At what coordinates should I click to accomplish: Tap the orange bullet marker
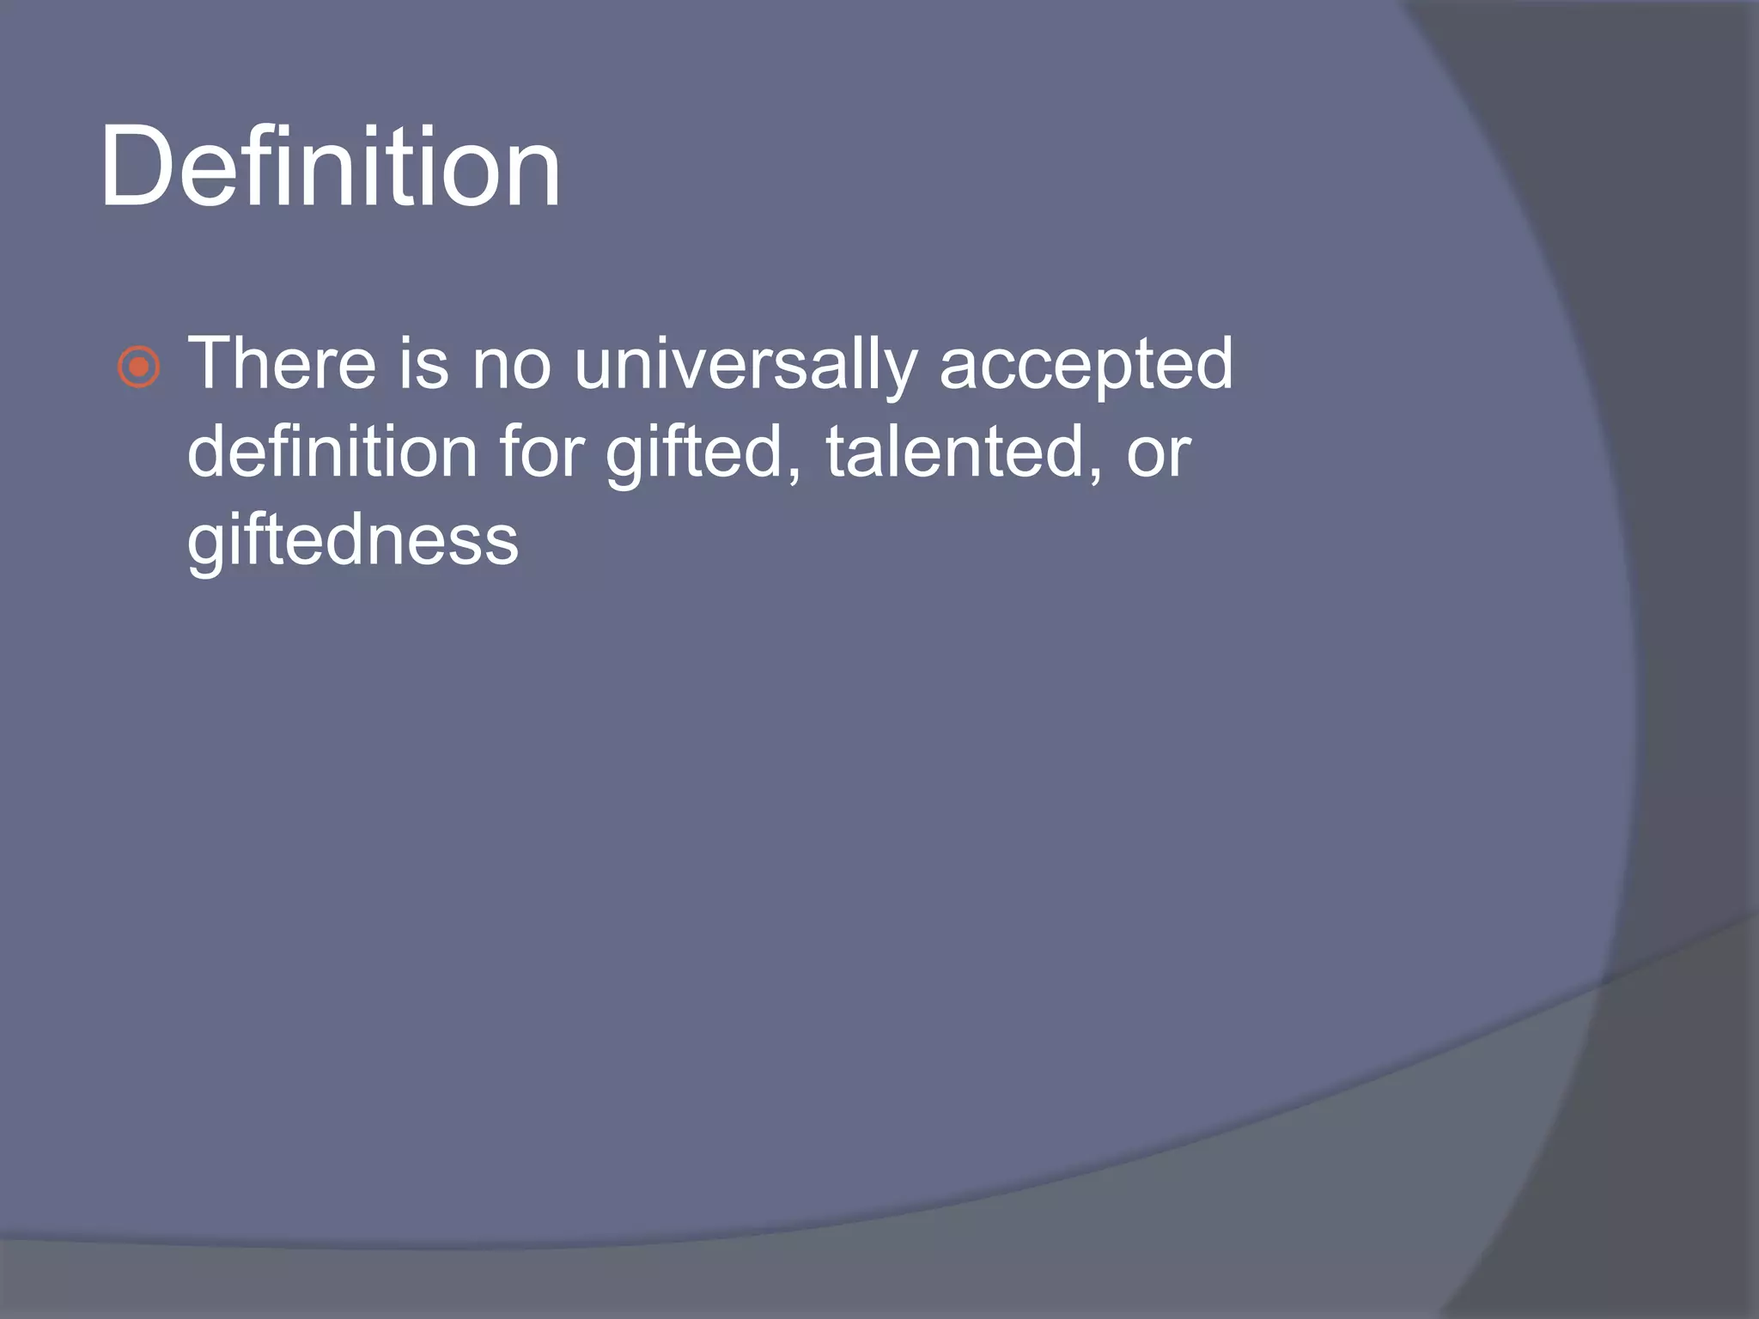tap(138, 368)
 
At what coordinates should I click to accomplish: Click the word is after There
tap(423, 364)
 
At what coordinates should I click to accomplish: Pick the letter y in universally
tap(901, 373)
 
